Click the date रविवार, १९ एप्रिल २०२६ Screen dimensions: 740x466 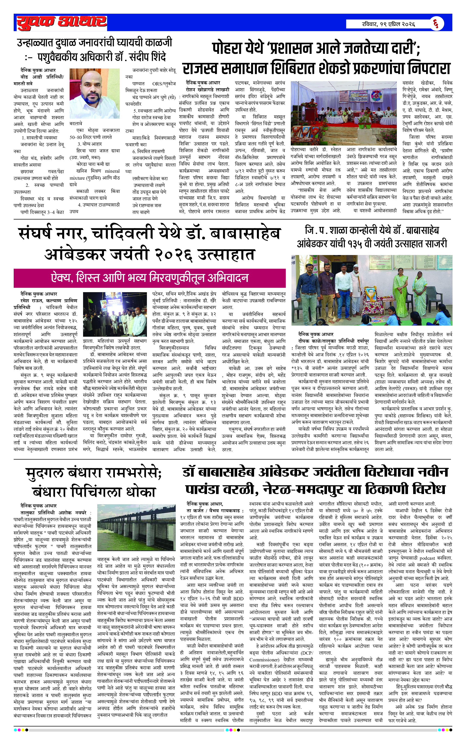[x=388, y=24]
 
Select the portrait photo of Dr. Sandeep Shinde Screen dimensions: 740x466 [x=94, y=94]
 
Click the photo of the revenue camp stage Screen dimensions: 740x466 [x=344, y=113]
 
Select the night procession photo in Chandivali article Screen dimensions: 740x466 [x=115, y=315]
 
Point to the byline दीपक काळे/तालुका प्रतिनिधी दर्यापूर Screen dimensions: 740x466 [x=333, y=341]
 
